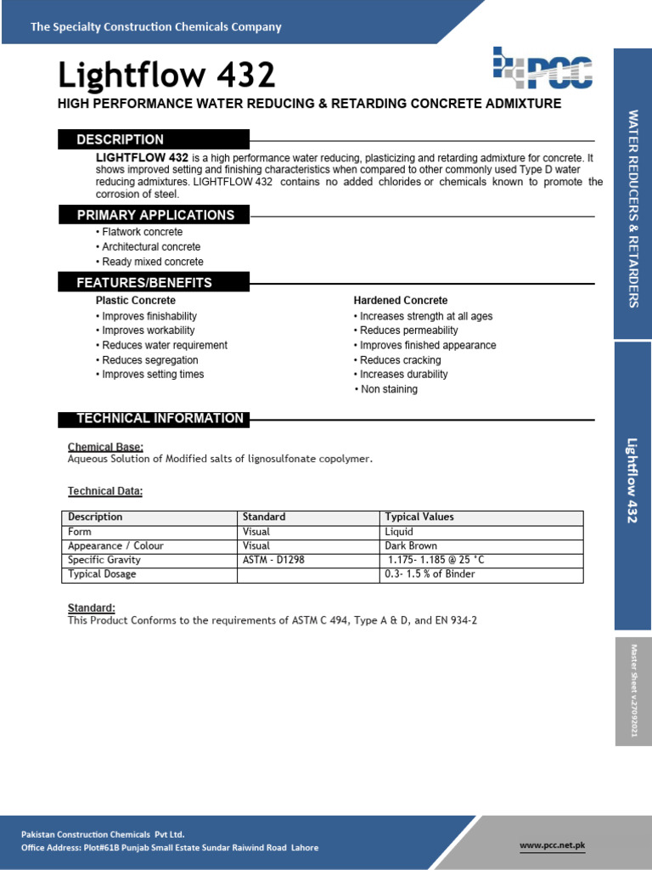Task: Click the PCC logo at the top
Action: tap(542, 69)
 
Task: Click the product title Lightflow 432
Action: tap(166, 76)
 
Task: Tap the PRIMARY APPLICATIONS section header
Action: tap(155, 215)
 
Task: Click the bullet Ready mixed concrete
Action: tap(150, 262)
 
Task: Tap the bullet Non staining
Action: tap(387, 389)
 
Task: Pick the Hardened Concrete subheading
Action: tap(400, 301)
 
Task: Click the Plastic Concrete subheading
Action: tap(136, 301)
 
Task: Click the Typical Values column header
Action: tap(419, 517)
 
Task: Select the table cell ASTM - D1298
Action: tap(276, 560)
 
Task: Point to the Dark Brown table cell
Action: tap(411, 545)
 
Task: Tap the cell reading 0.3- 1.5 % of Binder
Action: tap(430, 574)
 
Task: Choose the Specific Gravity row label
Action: tap(104, 560)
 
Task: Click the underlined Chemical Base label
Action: tap(105, 447)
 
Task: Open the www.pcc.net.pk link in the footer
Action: tap(552, 845)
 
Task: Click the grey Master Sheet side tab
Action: tap(632, 691)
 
